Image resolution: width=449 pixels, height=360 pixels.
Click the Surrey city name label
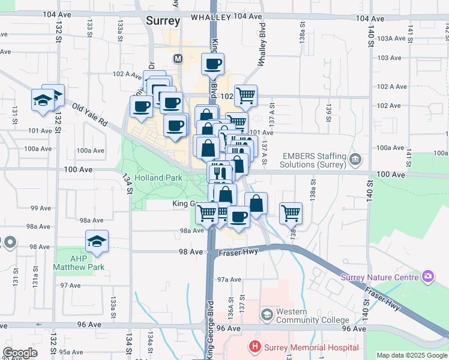click(x=163, y=21)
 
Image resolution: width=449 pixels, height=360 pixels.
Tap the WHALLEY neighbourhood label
click(x=211, y=18)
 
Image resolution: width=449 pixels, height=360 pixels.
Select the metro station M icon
click(x=178, y=59)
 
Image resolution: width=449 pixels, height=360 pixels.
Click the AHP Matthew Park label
click(x=79, y=263)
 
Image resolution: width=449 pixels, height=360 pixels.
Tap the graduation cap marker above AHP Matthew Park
click(x=97, y=241)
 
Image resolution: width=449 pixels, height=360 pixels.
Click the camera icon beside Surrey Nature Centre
click(x=427, y=277)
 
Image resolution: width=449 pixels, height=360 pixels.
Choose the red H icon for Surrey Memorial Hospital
click(x=255, y=347)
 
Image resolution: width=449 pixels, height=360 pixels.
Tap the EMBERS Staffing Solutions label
click(x=314, y=160)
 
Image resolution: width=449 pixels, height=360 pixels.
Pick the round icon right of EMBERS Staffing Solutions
click(x=355, y=160)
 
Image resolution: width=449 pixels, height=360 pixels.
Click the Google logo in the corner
click(x=20, y=353)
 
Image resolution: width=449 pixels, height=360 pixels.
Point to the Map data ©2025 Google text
click(x=412, y=355)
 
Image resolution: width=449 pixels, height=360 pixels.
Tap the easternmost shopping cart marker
click(x=291, y=212)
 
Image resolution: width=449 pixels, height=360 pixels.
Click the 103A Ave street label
click(x=391, y=38)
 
